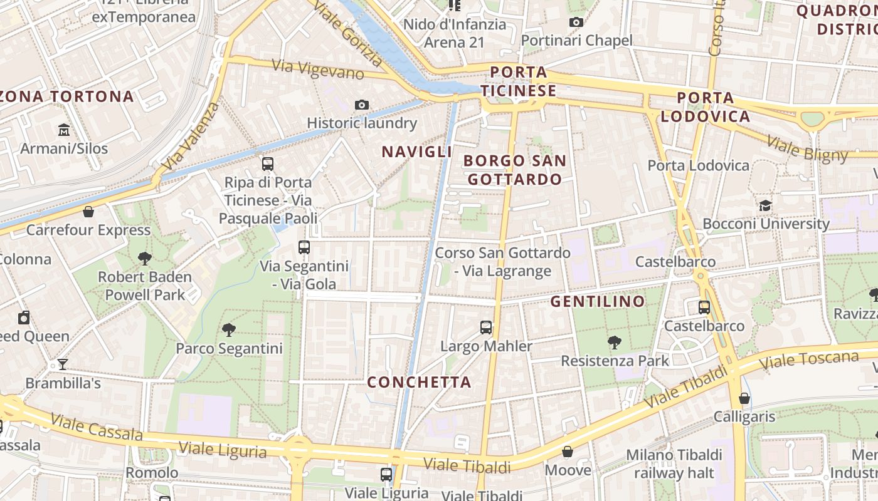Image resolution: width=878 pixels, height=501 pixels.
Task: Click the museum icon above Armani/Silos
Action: click(63, 130)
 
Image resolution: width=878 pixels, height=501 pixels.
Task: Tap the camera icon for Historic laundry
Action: click(362, 105)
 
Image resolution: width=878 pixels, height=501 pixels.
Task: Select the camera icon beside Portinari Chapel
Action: click(576, 23)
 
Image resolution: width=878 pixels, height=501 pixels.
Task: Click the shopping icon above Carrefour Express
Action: click(88, 212)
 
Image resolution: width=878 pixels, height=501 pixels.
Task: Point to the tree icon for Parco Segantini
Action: click(229, 329)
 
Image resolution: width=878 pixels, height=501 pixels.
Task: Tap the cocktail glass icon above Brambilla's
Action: click(63, 364)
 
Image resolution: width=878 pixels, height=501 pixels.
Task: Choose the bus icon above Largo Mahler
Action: click(486, 327)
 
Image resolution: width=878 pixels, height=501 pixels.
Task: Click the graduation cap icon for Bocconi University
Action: click(765, 205)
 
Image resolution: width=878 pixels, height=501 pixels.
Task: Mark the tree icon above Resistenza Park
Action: click(615, 342)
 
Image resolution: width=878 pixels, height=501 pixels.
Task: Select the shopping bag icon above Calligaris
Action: click(744, 398)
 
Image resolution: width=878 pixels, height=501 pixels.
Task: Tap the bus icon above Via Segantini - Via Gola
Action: click(304, 247)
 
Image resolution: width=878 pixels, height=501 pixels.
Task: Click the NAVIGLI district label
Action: click(416, 152)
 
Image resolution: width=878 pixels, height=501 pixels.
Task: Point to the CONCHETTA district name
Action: click(419, 382)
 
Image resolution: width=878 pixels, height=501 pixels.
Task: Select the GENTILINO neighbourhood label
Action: click(598, 301)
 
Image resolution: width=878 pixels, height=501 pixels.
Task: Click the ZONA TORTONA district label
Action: click(67, 96)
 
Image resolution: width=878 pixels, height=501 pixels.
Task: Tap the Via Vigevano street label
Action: click(318, 70)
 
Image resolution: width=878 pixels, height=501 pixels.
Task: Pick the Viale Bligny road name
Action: click(807, 148)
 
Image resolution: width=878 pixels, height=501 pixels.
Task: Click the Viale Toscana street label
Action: click(808, 360)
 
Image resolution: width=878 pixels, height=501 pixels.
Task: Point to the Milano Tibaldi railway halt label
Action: click(674, 463)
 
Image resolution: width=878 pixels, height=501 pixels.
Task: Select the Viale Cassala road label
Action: click(97, 426)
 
